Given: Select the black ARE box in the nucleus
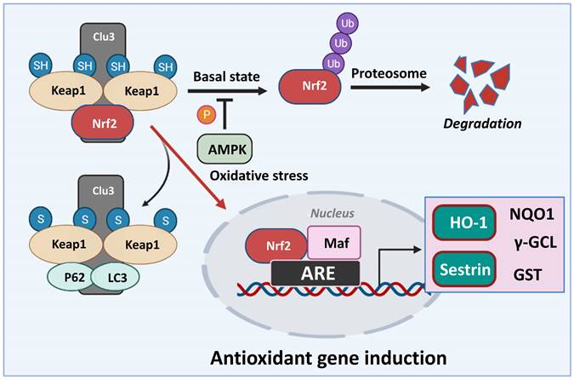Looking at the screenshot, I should (x=316, y=273).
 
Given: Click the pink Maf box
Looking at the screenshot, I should (x=332, y=244).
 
